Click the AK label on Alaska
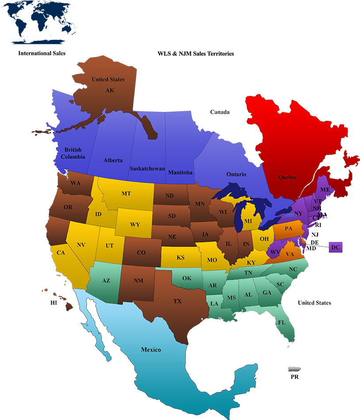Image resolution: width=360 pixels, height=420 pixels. [110, 90]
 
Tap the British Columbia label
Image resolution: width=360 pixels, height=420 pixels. [73, 153]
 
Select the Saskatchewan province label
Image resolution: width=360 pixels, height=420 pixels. [147, 169]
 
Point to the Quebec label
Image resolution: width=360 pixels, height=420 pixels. [287, 177]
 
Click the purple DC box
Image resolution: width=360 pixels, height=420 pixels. [336, 247]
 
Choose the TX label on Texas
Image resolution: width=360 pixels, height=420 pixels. [177, 301]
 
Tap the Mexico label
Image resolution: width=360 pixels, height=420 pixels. [151, 350]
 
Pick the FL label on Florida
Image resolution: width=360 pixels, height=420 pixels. [281, 322]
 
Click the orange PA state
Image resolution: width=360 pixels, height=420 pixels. [288, 229]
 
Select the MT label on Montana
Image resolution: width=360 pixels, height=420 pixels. [126, 193]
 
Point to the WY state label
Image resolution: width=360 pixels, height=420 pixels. [135, 224]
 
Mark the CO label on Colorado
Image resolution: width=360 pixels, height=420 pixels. [141, 253]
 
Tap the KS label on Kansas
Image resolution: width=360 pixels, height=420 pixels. [180, 257]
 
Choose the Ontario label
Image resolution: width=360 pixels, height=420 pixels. [236, 174]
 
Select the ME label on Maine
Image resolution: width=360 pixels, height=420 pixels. [325, 190]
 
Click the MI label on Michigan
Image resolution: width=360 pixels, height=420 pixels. [248, 221]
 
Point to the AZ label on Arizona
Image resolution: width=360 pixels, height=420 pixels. [106, 281]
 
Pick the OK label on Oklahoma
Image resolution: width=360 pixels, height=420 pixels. [187, 278]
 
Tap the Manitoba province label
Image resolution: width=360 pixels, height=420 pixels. [180, 173]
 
